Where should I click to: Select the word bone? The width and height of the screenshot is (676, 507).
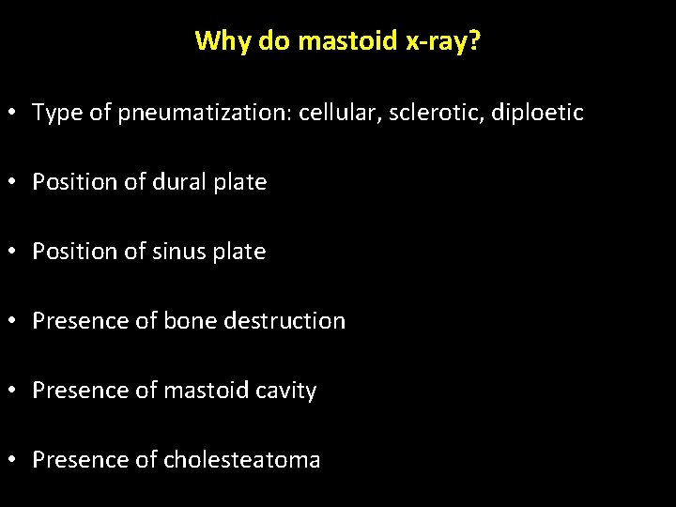coord(190,321)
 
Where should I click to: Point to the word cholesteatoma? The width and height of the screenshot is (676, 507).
coord(242,460)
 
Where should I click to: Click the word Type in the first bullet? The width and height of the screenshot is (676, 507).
coord(56,114)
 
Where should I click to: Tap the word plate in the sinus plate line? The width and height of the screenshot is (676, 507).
coord(240,252)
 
